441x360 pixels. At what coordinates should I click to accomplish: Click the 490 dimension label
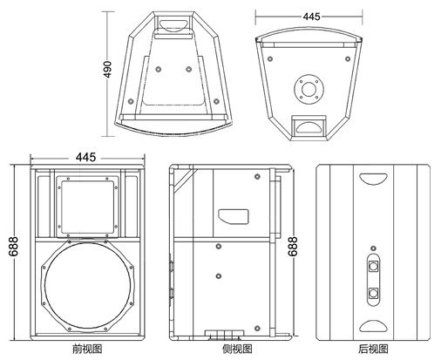coord(107,69)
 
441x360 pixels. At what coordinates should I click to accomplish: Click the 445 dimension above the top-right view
coord(311,17)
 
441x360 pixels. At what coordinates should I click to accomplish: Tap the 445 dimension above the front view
coord(85,157)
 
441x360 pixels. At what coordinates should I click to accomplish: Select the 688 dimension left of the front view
coord(13,247)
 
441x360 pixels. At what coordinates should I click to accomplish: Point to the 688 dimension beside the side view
coord(293,247)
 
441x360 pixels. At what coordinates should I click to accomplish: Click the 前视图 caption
coord(87,349)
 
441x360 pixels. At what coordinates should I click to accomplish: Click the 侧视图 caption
coord(237,349)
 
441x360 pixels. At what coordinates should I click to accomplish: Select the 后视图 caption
coord(373,349)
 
